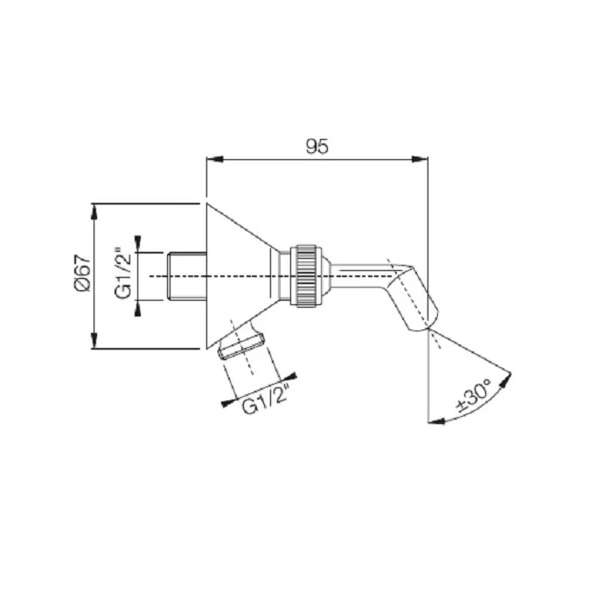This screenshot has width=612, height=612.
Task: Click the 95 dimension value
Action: tap(316, 147)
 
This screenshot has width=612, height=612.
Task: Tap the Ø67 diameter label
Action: tap(82, 273)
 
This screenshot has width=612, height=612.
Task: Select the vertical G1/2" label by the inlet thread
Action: tap(124, 273)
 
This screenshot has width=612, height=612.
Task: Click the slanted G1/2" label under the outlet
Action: tap(266, 400)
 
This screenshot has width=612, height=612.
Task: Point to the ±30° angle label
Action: tap(475, 395)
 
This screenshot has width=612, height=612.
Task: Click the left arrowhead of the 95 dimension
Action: tap(215, 159)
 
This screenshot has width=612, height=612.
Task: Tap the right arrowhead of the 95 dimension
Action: tap(420, 159)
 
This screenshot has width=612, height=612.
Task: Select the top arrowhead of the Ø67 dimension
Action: tap(94, 212)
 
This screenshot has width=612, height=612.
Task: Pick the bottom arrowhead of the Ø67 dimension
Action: tap(94, 340)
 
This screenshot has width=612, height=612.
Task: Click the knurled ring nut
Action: tap(306, 276)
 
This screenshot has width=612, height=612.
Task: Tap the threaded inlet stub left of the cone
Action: tap(187, 276)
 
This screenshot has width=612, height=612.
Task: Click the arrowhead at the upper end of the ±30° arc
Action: tap(506, 380)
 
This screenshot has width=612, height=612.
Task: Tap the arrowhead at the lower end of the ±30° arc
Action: tap(436, 421)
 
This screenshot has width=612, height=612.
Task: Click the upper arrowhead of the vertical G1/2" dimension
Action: tap(138, 244)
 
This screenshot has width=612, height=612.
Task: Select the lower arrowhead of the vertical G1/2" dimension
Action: tap(138, 309)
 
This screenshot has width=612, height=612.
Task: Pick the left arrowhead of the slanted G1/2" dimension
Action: tap(229, 403)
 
